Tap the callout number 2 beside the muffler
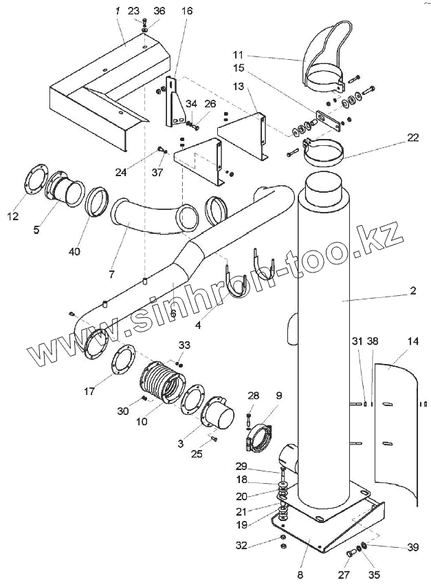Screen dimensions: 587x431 click(413, 291)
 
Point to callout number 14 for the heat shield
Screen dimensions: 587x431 click(412, 341)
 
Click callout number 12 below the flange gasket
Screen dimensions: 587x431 click(14, 217)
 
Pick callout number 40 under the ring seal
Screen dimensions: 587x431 click(74, 251)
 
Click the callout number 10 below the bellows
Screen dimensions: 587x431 click(142, 420)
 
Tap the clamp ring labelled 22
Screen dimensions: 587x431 click(328, 153)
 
